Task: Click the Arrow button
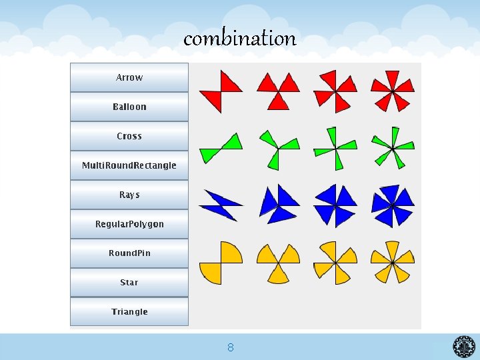pyautogui.click(x=129, y=77)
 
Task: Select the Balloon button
pyautogui.click(x=129, y=107)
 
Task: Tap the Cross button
pyautogui.click(x=129, y=136)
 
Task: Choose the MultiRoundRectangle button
pyautogui.click(x=129, y=165)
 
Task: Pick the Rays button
pyautogui.click(x=129, y=195)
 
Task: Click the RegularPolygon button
pyautogui.click(x=129, y=224)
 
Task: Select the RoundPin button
pyautogui.click(x=129, y=253)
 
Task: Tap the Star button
pyautogui.click(x=129, y=283)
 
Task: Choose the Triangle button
pyautogui.click(x=129, y=312)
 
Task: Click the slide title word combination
pyautogui.click(x=240, y=39)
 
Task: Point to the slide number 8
pyautogui.click(x=230, y=347)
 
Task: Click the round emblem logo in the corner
pyautogui.click(x=464, y=347)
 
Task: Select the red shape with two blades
pyautogui.click(x=221, y=91)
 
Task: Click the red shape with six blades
pyautogui.click(x=393, y=90)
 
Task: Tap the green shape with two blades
pyautogui.click(x=221, y=148)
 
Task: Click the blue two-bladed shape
pyautogui.click(x=221, y=205)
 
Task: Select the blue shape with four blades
pyautogui.click(x=335, y=205)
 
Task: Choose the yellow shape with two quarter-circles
pyautogui.click(x=221, y=262)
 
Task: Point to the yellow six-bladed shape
pyautogui.click(x=393, y=262)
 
